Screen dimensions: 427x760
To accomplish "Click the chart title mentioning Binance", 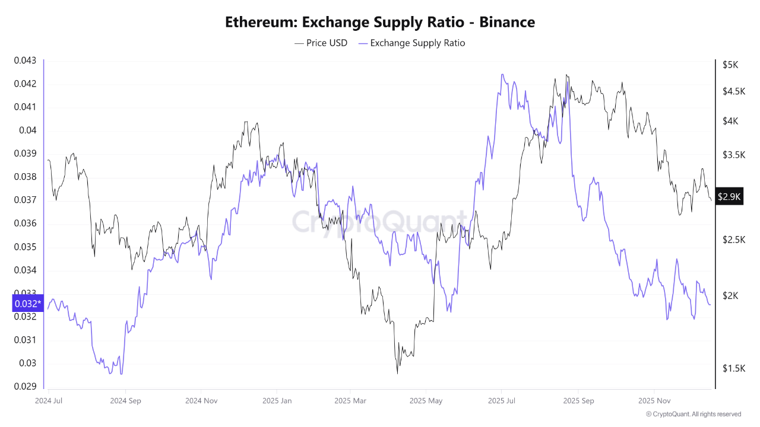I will [380, 22].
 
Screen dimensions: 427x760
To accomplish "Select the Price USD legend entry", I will [321, 43].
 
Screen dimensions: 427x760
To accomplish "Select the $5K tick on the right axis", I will [730, 64].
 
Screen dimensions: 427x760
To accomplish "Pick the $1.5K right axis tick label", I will [733, 368].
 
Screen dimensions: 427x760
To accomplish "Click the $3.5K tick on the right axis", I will [733, 155].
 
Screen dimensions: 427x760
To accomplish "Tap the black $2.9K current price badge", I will [729, 196].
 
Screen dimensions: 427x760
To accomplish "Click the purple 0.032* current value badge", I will [27, 304].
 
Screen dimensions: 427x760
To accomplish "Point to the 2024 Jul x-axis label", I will [49, 400].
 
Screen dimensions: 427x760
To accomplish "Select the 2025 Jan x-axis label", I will [277, 400].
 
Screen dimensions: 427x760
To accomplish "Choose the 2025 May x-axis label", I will [426, 400].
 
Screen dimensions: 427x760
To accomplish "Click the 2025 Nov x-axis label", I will [654, 400].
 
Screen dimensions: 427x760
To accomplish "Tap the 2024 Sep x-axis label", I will [126, 400].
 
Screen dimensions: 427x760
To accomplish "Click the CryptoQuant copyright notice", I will [693, 414].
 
